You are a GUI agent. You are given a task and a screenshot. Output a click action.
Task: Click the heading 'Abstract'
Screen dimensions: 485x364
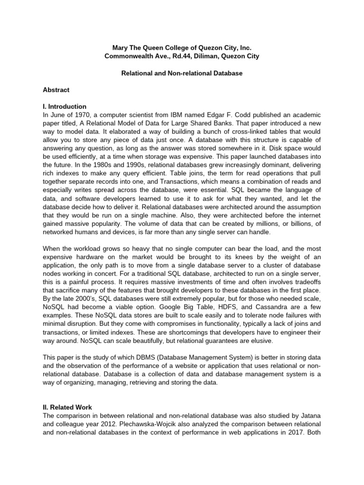tap(56, 90)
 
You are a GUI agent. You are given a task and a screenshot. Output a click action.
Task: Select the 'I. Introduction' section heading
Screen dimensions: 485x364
tap(64, 107)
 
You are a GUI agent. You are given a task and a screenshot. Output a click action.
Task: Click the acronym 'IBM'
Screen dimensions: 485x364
tap(179, 115)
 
